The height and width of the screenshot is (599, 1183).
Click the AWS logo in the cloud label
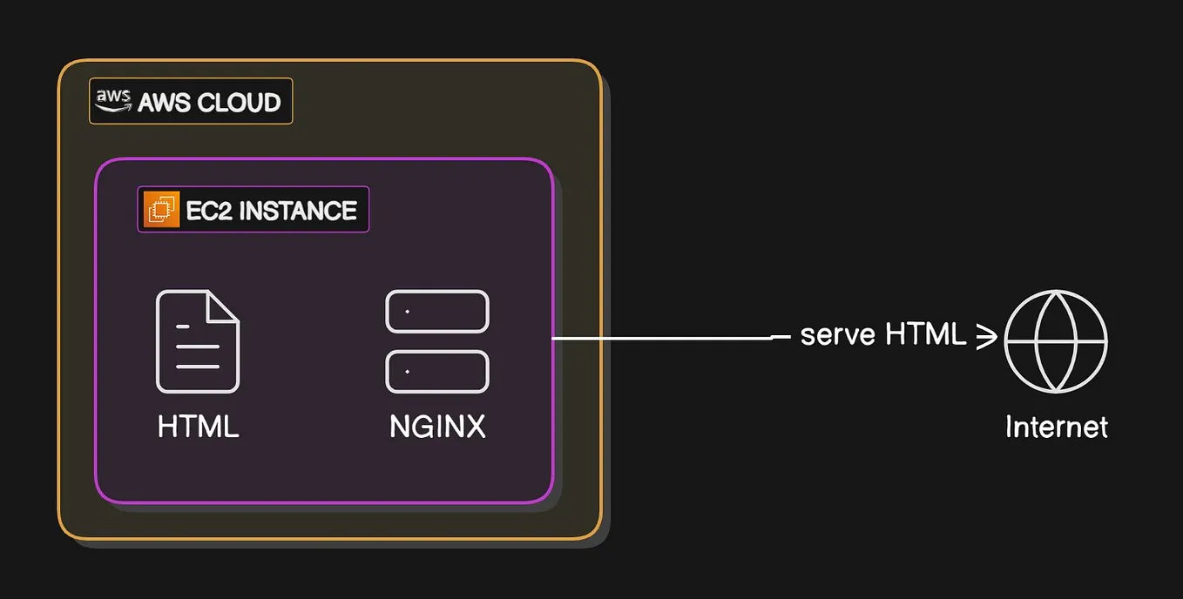coord(114,101)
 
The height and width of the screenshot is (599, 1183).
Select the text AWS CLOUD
coord(209,103)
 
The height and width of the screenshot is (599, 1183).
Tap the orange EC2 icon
coord(162,210)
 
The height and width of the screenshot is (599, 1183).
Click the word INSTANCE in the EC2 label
coord(297,211)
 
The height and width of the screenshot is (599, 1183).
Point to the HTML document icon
coord(198,342)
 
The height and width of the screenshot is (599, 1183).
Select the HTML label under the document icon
coord(198,427)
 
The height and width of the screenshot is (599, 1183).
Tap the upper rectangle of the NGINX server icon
coord(437,312)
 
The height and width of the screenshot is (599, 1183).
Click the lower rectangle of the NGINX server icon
coord(437,372)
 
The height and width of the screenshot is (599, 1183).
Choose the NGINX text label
coord(437,427)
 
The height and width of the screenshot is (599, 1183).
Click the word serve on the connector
coord(838,335)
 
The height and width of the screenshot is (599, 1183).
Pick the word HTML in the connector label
coord(925,334)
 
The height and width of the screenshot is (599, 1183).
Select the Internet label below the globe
coord(1056,427)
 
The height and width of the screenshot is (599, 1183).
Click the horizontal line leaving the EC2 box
coord(662,338)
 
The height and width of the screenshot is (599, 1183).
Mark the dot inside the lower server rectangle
coord(407,372)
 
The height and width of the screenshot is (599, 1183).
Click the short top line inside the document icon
coord(182,326)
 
